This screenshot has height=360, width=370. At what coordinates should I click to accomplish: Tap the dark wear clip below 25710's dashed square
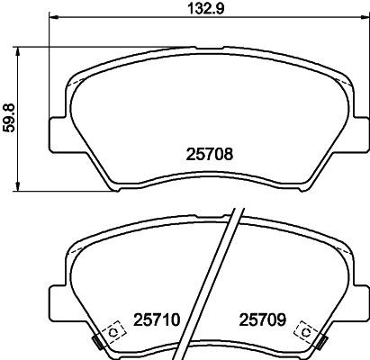[97, 342]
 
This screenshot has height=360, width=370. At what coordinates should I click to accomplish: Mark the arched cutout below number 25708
[203, 180]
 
